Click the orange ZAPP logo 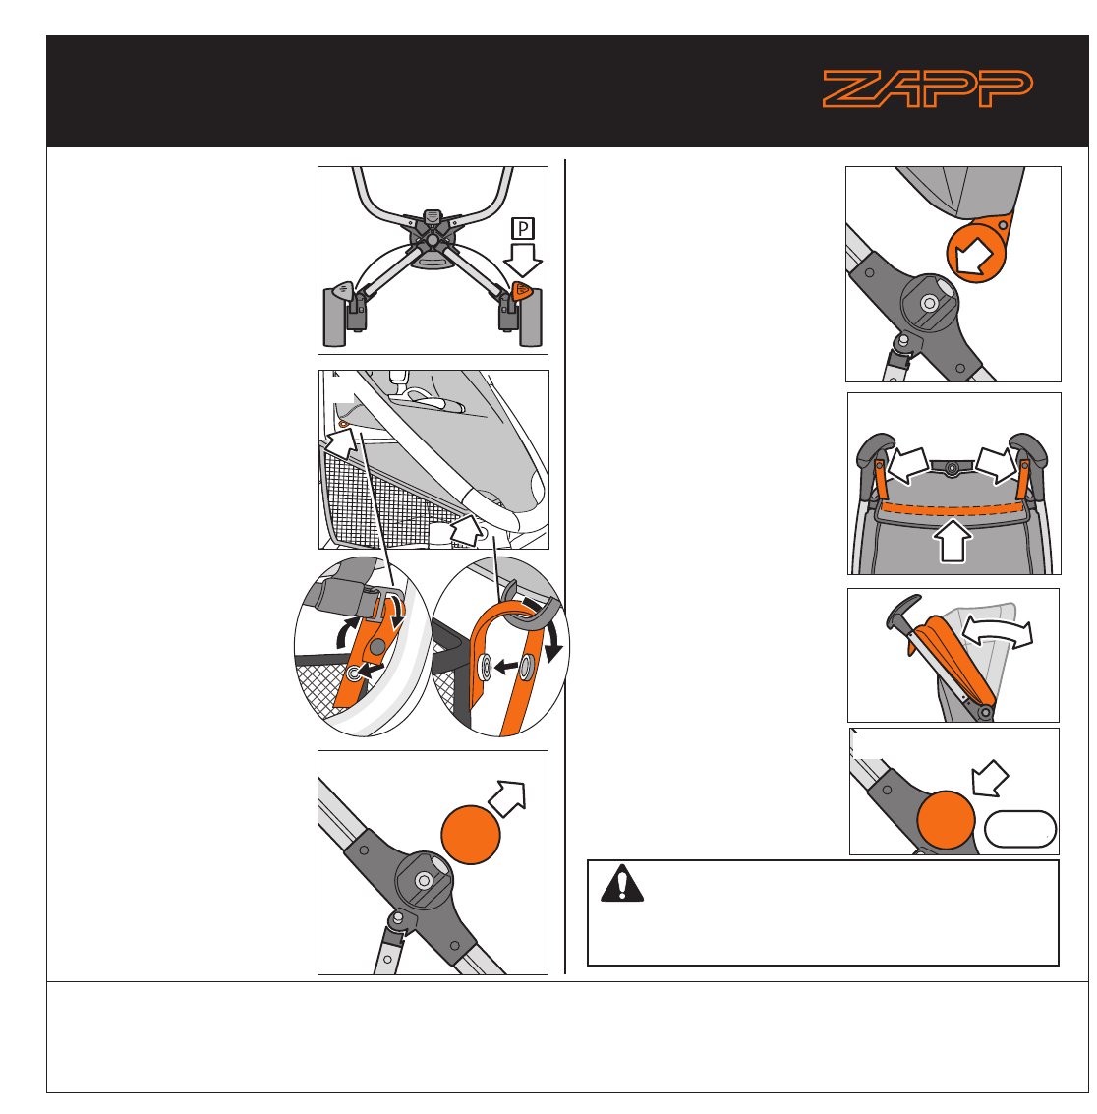click(927, 88)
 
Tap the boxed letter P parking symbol click(523, 229)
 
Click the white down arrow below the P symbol click(523, 260)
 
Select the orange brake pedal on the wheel click(522, 290)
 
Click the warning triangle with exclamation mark click(621, 883)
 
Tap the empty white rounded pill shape click(1019, 829)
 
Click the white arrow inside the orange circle click(974, 256)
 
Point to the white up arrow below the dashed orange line click(953, 541)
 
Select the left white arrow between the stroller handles click(908, 465)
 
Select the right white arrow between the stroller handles click(996, 465)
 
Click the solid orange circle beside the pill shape click(946, 820)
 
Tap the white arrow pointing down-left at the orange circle click(990, 779)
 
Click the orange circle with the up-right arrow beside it click(470, 835)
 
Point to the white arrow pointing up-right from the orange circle click(507, 797)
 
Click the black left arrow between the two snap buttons click(506, 667)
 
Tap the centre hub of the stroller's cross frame click(432, 240)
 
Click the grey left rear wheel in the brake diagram click(334, 317)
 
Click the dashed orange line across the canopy click(953, 508)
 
